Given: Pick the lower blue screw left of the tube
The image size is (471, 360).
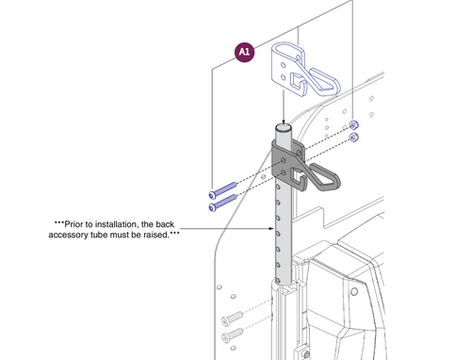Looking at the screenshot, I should [219, 203].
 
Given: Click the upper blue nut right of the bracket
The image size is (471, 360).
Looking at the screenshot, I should [354, 126].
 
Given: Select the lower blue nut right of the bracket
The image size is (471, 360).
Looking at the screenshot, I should [354, 138].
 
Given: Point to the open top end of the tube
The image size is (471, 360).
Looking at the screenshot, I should [280, 125].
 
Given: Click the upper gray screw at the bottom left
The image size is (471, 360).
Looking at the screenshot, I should [232, 317].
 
